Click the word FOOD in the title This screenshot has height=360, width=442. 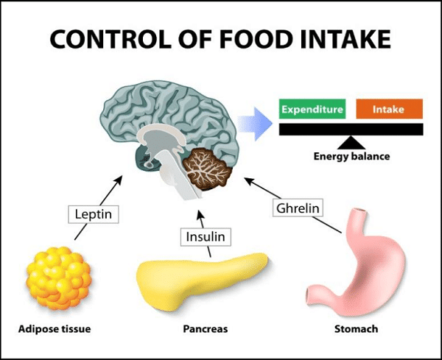coord(255,39)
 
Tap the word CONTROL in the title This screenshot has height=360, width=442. coord(110,39)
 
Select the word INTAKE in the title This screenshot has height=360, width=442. coord(345,39)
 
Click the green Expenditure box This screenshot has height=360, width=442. coord(312,109)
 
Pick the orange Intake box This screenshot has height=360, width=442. coord(389,109)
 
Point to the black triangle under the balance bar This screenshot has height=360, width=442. coord(351,143)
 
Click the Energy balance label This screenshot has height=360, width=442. coord(351,156)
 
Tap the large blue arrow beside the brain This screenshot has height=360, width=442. coord(255,124)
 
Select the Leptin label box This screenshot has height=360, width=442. coord(94,214)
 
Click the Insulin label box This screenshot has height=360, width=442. coord(206,237)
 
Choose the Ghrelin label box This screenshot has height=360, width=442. coord(298,208)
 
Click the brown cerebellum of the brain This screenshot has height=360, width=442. coord(208,169)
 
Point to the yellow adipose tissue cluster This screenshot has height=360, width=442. coord(59,278)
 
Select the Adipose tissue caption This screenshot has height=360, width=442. coord(55,329)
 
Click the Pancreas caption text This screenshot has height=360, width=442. coord(206,329)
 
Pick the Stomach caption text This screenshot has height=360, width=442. coord(356,329)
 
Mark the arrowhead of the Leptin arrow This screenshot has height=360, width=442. coord(119,180)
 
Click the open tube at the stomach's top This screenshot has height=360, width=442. coord(361,211)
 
